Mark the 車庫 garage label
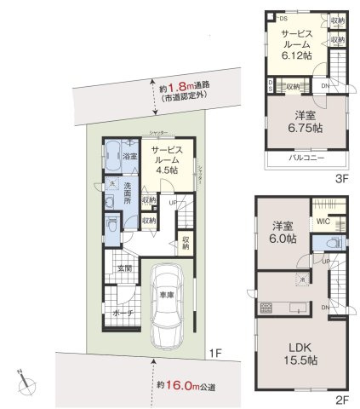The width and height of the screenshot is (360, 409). [x=167, y=295]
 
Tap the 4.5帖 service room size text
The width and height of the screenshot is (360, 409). [x=167, y=169]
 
